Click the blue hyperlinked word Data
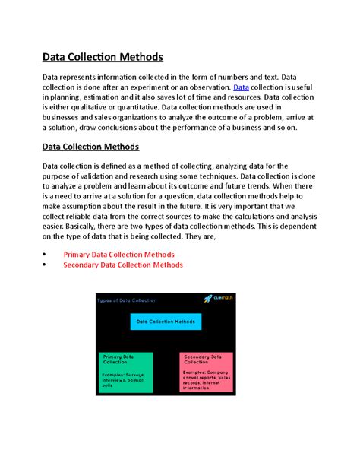point(240,87)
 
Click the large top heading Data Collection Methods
point(103,56)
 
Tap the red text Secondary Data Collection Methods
point(123,265)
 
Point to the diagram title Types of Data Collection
point(128,300)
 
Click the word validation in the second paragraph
point(112,178)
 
